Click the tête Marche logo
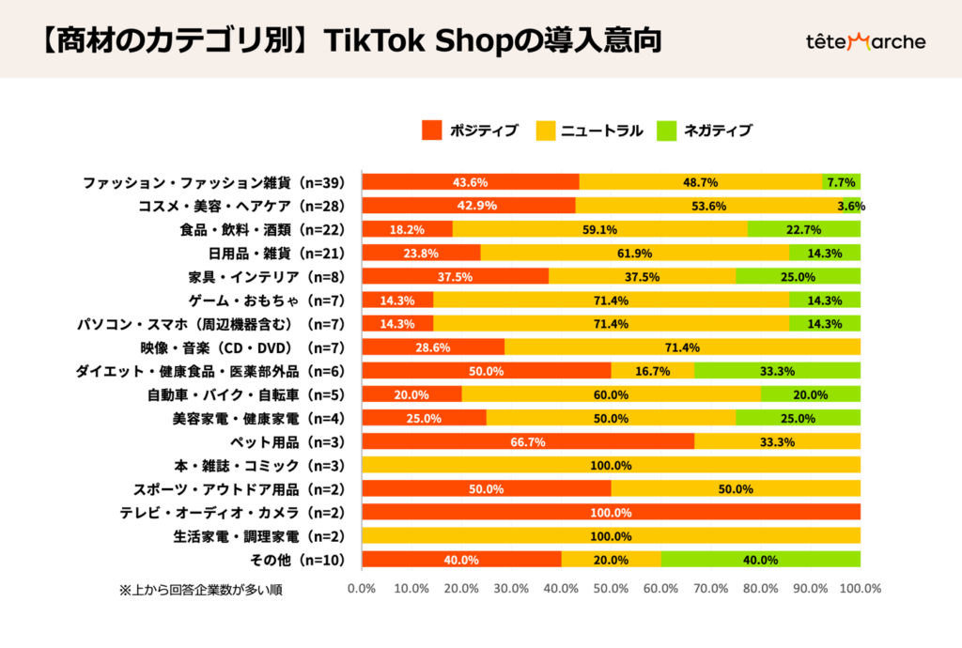[x=865, y=41]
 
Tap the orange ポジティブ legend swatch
[x=432, y=131]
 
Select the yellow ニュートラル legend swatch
[x=546, y=131]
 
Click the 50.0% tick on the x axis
[x=611, y=589]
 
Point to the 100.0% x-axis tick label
[x=860, y=589]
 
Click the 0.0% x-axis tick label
[x=362, y=589]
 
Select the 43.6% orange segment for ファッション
[x=470, y=182]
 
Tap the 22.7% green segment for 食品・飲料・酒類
[x=804, y=229]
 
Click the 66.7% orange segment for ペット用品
[x=528, y=441]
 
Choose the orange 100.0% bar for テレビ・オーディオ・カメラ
[x=611, y=512]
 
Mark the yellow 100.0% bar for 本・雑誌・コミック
[x=611, y=465]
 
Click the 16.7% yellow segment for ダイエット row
[x=652, y=371]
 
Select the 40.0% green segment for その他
[x=760, y=560]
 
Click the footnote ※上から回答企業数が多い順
[x=200, y=590]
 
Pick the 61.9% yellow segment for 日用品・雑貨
[x=634, y=253]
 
